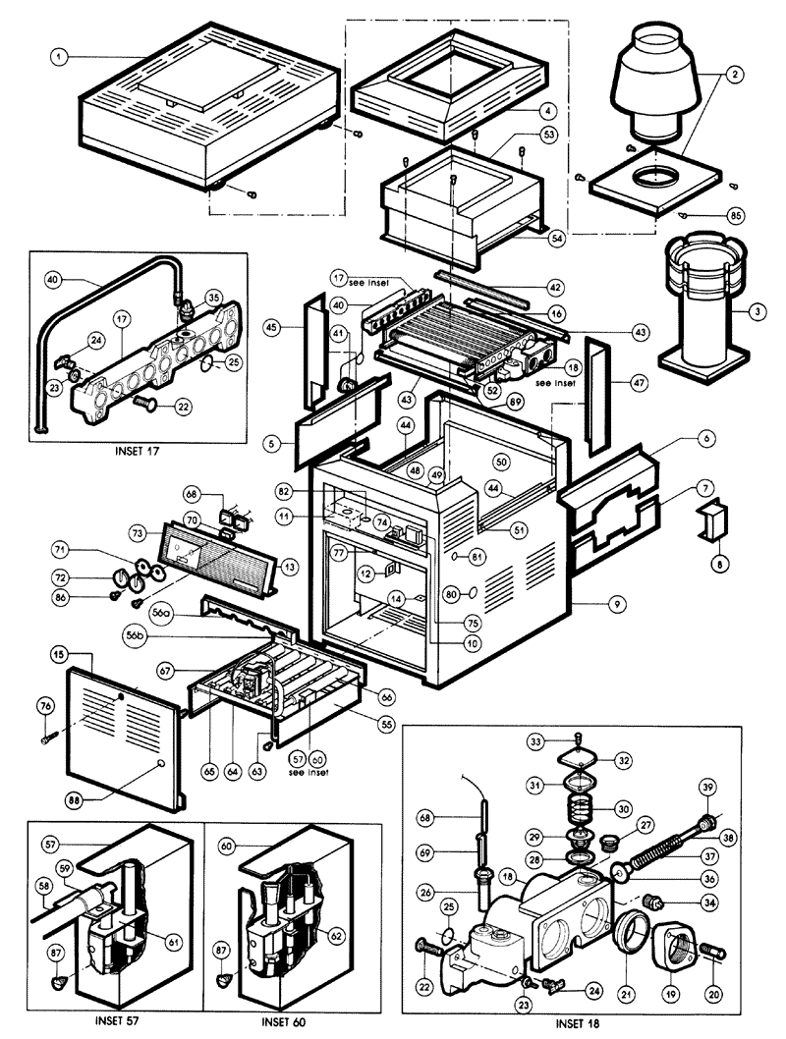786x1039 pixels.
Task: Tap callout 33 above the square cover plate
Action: [564, 739]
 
